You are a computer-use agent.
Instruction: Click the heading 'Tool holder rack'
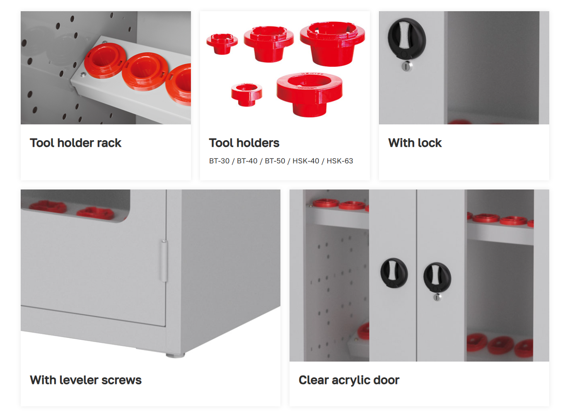(x=75, y=143)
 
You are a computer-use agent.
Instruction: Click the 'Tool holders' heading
(x=244, y=143)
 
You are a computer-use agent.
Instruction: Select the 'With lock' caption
(x=415, y=143)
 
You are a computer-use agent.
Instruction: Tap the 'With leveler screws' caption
(x=86, y=380)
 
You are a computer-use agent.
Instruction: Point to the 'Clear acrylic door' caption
(x=349, y=380)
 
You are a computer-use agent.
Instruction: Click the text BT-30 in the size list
(x=219, y=161)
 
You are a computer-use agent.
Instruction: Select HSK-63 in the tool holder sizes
(x=340, y=161)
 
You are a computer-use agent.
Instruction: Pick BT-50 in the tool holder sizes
(x=275, y=161)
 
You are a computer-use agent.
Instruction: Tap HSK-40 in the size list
(x=306, y=161)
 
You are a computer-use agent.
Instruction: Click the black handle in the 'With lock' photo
(x=407, y=39)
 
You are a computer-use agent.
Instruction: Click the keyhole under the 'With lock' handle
(x=406, y=66)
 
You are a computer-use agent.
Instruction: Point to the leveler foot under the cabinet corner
(x=175, y=355)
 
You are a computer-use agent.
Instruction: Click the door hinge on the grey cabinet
(x=164, y=261)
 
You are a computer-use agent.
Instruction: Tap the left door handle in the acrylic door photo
(x=394, y=273)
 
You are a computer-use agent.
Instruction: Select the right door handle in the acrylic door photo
(x=437, y=277)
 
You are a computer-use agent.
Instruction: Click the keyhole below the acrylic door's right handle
(x=437, y=297)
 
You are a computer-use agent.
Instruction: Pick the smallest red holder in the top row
(x=222, y=44)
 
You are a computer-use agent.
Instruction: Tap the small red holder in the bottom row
(x=246, y=95)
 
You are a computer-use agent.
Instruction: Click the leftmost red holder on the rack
(x=105, y=61)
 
